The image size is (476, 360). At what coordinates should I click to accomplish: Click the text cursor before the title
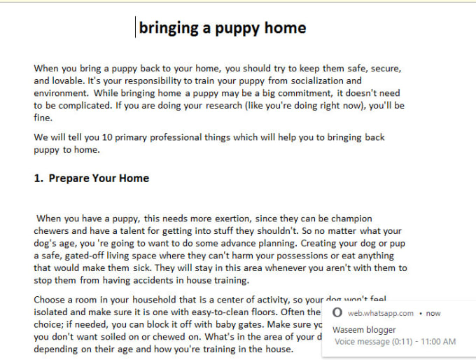[136, 27]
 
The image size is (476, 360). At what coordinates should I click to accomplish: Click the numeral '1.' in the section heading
[39, 178]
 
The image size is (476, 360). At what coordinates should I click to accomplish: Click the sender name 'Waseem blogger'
[364, 330]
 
